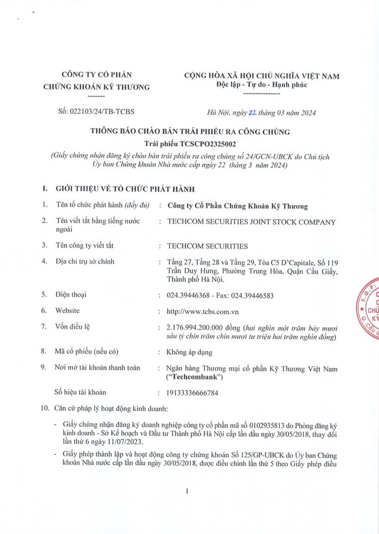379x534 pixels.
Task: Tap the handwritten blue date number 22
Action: coord(237,111)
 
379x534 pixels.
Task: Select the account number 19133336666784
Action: coord(200,392)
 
